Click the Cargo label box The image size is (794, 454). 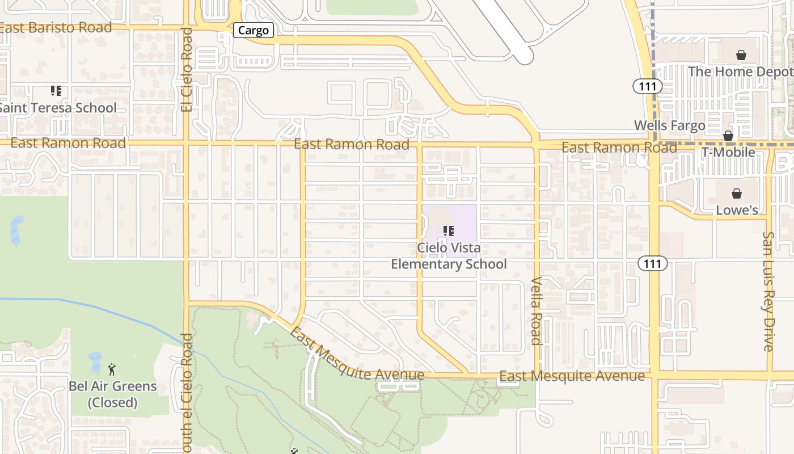tap(254, 30)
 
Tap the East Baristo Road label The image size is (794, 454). tap(56, 27)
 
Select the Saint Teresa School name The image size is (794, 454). tap(58, 108)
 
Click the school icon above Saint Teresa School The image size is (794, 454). tap(56, 91)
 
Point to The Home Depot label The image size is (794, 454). tap(740, 72)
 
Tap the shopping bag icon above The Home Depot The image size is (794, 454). tap(741, 55)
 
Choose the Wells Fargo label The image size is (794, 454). tap(669, 125)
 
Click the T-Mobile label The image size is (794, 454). tap(728, 152)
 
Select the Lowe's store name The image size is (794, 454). tap(737, 210)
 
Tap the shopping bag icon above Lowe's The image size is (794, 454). tap(737, 194)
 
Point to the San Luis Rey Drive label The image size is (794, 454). tap(768, 291)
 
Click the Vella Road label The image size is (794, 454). tap(537, 310)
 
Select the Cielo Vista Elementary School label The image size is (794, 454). tap(449, 256)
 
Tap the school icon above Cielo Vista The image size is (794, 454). tap(449, 231)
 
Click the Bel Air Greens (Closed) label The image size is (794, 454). tap(112, 394)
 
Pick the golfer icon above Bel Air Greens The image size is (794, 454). tap(112, 369)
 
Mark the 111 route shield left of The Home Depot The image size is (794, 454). tap(648, 87)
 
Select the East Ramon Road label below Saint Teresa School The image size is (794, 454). tap(68, 143)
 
